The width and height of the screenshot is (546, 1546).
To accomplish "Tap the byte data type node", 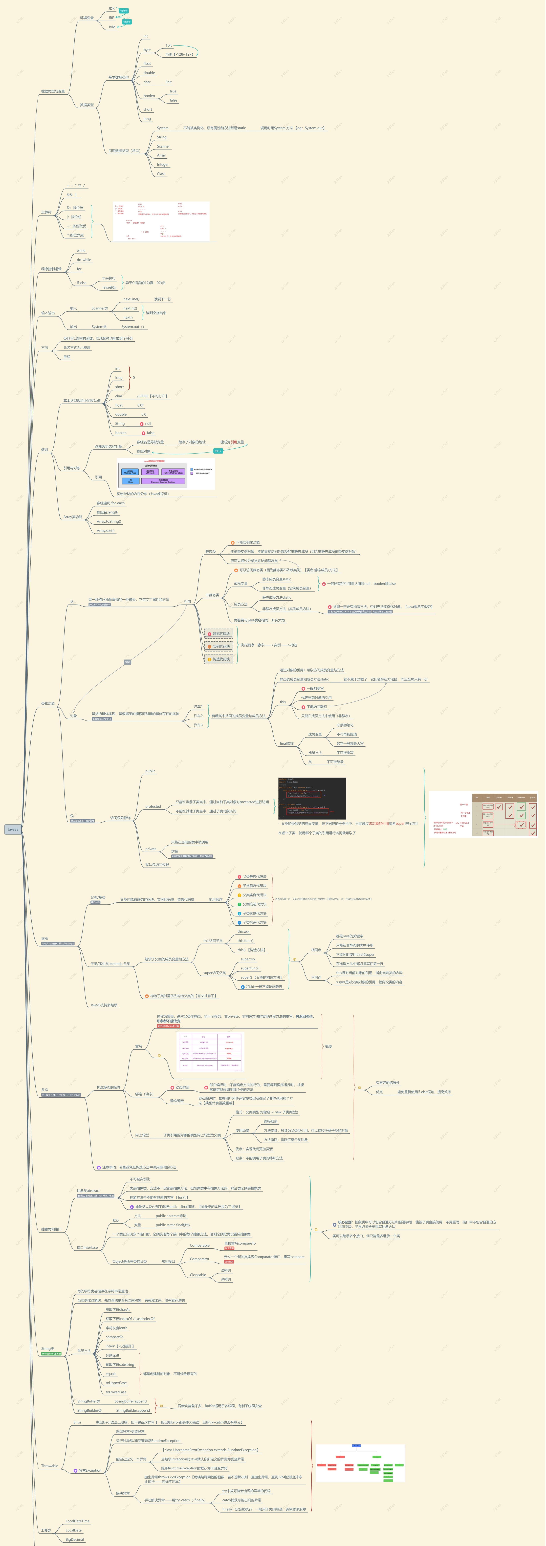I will tap(147, 50).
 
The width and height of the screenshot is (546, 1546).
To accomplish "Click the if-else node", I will tap(82, 283).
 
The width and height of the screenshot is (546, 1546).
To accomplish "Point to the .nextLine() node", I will tap(131, 299).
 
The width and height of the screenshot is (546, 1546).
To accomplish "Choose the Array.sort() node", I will tap(106, 531).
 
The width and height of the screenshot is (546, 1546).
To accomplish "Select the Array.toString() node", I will tap(109, 522).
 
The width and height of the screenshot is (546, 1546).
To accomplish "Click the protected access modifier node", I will tap(153, 807).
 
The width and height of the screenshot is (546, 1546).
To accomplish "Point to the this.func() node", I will tap(245, 940).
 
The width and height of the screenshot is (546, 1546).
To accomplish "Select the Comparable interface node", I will tap(200, 1245).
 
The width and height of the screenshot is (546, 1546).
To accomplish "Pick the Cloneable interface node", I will tap(198, 1275).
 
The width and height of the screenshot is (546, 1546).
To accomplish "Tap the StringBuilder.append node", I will tap(133, 1410).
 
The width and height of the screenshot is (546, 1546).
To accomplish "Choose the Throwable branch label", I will tap(50, 1466).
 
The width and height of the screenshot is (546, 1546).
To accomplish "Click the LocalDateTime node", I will tap(77, 1521).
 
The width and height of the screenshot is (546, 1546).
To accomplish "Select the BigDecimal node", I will tap(75, 1539).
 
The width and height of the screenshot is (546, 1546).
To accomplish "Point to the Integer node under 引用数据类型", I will tap(163, 164).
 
